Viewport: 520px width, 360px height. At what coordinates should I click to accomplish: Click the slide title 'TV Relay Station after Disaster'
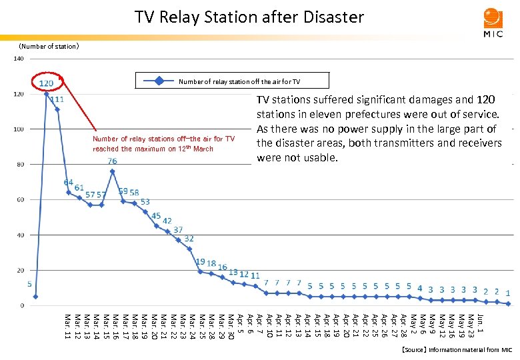pyautogui.click(x=249, y=17)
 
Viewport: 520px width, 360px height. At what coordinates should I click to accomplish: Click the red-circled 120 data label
pyautogui.click(x=47, y=83)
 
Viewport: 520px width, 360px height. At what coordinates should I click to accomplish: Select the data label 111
pyautogui.click(x=57, y=99)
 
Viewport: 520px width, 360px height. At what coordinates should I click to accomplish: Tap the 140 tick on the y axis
pyautogui.click(x=19, y=59)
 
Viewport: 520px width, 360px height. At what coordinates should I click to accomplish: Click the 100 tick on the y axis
pyautogui.click(x=19, y=129)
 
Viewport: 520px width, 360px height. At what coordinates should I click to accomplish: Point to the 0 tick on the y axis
pyautogui.click(x=22, y=305)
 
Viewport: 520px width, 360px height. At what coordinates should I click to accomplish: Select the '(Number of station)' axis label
pyautogui.click(x=49, y=47)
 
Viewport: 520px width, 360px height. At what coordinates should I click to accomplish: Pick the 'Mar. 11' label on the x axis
pyautogui.click(x=67, y=325)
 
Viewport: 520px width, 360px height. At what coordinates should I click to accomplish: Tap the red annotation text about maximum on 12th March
pyautogui.click(x=163, y=143)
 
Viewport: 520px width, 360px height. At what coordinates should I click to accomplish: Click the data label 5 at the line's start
pyautogui.click(x=29, y=283)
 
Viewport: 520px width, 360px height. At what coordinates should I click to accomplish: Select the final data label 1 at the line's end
pyautogui.click(x=508, y=292)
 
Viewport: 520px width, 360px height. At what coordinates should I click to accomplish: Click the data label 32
pyautogui.click(x=189, y=239)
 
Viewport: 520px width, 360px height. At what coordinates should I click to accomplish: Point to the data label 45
pyautogui.click(x=156, y=216)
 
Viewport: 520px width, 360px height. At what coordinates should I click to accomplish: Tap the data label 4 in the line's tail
pyautogui.click(x=419, y=288)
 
